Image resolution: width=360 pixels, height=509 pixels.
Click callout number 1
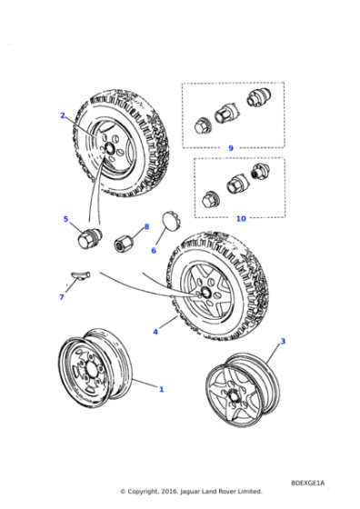[161, 390]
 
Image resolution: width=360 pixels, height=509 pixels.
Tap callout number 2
[63, 115]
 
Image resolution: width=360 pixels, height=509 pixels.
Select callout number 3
[282, 341]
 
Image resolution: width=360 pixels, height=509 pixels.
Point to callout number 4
[155, 332]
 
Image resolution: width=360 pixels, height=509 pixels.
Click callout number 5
[65, 219]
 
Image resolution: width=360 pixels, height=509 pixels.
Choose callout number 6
[154, 250]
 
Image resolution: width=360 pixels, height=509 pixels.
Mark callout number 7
[61, 296]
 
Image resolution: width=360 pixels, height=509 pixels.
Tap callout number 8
[145, 226]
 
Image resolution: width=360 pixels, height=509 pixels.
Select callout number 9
[231, 147]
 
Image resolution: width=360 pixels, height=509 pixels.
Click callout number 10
[240, 218]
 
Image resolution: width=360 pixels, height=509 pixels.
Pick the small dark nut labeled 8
[124, 244]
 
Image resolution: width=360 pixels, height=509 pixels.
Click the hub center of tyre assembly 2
[109, 147]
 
